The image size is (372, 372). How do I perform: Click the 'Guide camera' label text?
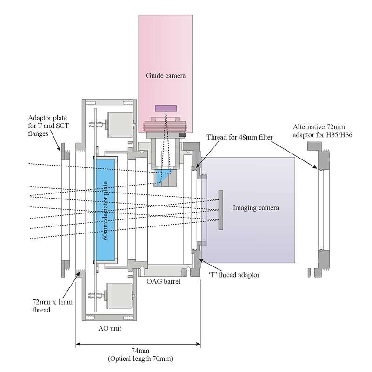(166, 76)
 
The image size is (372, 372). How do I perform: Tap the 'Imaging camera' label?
(256, 208)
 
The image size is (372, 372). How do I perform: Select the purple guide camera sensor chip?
(166, 108)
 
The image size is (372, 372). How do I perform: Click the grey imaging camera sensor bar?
(220, 210)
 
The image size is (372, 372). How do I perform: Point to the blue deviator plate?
(104, 210)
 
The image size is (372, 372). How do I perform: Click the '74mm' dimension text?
(140, 351)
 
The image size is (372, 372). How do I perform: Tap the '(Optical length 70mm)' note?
(140, 359)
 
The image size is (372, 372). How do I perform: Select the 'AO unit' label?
(110, 328)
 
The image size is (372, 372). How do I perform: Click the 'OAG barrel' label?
(163, 281)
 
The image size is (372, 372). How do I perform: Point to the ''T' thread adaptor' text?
(234, 275)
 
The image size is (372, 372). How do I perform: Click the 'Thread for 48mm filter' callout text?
(239, 137)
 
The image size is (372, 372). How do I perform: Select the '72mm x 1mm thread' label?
(52, 306)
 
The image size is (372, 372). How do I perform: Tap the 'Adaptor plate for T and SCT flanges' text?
(48, 126)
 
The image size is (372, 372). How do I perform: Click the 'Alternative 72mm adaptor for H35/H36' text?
(322, 131)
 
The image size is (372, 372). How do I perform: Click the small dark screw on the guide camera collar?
(182, 135)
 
